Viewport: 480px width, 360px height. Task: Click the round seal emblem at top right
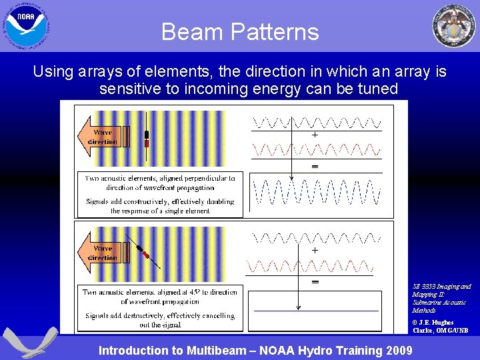(454, 26)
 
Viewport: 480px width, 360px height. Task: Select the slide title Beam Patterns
(240, 31)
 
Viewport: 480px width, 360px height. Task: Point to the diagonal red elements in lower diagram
(143, 254)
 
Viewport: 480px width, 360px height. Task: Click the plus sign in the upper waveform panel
(315, 135)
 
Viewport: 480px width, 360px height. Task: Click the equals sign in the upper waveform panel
(315, 165)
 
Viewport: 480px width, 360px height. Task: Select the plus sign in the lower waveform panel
(315, 250)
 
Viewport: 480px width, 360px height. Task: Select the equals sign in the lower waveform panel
(315, 281)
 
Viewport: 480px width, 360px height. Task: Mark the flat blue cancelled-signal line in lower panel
(316, 311)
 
